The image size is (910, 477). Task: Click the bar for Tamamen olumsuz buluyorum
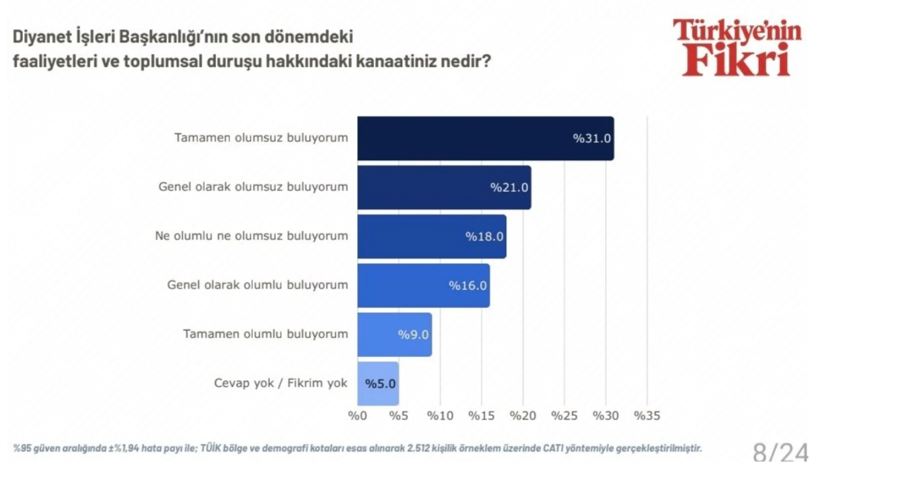[485, 139]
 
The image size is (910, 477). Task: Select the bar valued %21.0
[444, 188]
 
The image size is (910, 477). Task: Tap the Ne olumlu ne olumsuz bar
[432, 237]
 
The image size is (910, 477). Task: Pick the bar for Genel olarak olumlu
[423, 286]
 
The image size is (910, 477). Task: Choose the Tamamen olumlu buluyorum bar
[394, 335]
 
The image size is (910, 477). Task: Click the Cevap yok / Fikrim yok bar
[378, 384]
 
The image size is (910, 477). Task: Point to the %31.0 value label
[592, 139]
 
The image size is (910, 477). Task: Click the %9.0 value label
[413, 335]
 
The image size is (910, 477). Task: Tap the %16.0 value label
[468, 286]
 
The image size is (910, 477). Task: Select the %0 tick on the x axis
[357, 416]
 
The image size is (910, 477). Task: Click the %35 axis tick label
[647, 416]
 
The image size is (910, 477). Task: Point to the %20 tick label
[523, 416]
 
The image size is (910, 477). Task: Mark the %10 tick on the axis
[440, 416]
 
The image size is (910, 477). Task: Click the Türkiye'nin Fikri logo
[737, 47]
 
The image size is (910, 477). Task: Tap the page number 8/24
[780, 452]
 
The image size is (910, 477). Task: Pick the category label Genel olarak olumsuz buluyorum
[253, 187]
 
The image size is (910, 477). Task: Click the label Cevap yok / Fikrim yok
[280, 383]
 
